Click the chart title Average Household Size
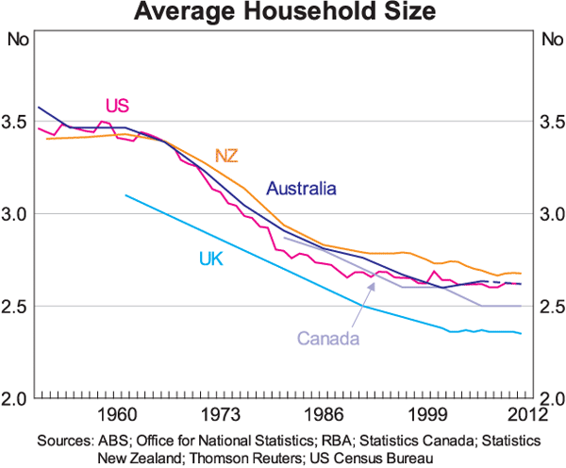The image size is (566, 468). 283,13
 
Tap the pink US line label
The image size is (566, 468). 117,104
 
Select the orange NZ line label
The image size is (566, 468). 226,155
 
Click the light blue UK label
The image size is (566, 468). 211,258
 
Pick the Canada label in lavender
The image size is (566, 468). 329,338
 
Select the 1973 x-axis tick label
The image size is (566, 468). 220,415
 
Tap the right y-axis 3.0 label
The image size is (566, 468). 547,214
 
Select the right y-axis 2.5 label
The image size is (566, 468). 547,307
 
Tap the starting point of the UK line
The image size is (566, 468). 125,195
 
